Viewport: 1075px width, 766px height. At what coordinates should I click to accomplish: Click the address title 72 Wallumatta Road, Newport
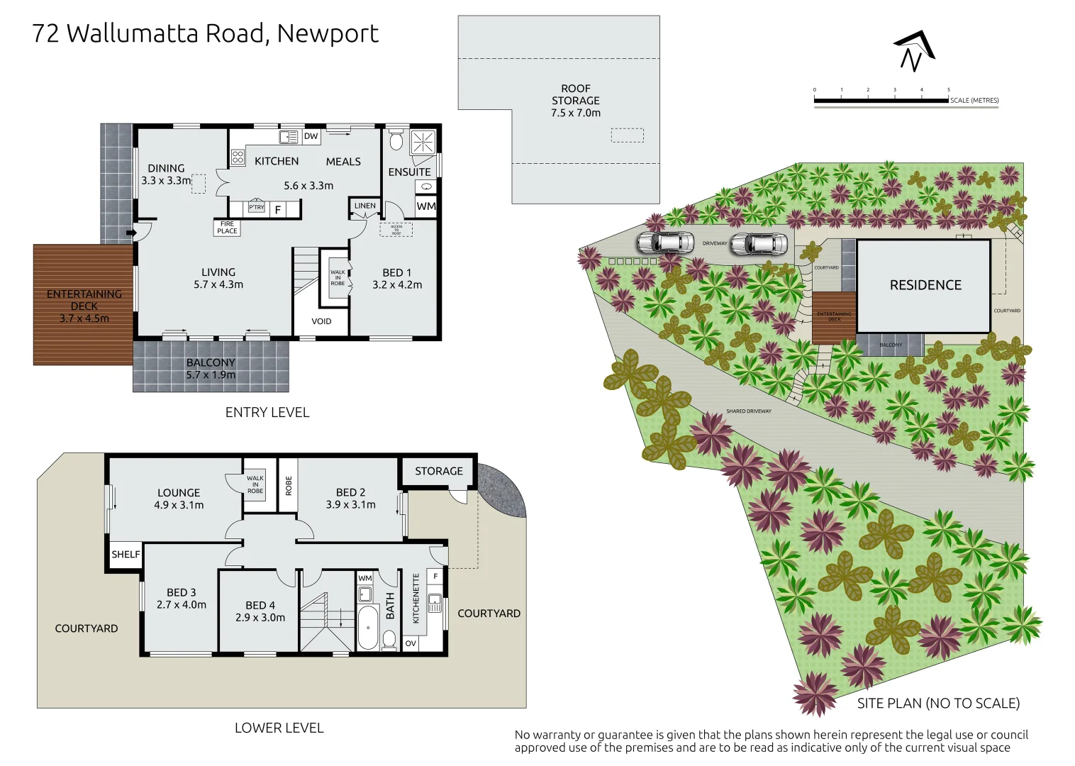pyautogui.click(x=205, y=33)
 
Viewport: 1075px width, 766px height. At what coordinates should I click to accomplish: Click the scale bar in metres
pyautogui.click(x=881, y=101)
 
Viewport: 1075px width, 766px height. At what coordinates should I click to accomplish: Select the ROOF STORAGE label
pyautogui.click(x=576, y=101)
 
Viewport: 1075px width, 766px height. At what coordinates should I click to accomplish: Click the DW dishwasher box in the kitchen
pyautogui.click(x=311, y=136)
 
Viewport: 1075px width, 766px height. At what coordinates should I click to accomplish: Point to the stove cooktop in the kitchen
pyautogui.click(x=238, y=157)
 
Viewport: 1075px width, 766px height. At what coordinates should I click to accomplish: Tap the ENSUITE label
pyautogui.click(x=409, y=172)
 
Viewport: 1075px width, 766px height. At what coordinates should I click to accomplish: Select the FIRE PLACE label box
pyautogui.click(x=227, y=228)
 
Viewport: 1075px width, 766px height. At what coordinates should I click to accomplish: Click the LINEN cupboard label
pyautogui.click(x=365, y=206)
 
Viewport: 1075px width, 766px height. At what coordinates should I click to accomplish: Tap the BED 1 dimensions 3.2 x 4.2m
pyautogui.click(x=397, y=285)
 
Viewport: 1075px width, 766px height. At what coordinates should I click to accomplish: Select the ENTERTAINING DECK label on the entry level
pyautogui.click(x=84, y=306)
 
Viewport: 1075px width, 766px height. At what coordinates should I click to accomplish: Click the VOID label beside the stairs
pyautogui.click(x=321, y=321)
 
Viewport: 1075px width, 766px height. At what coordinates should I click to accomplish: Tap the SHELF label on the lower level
pyautogui.click(x=126, y=555)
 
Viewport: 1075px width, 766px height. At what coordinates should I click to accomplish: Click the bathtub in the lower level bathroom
pyautogui.click(x=368, y=627)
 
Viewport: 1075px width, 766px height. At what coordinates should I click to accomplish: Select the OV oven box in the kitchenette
pyautogui.click(x=411, y=643)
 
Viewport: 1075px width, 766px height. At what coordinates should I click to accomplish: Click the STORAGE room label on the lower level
pyautogui.click(x=438, y=471)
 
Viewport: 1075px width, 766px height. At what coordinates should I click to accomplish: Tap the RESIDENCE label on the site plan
pyautogui.click(x=925, y=285)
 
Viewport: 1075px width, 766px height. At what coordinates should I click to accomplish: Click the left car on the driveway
pyautogui.click(x=665, y=243)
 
